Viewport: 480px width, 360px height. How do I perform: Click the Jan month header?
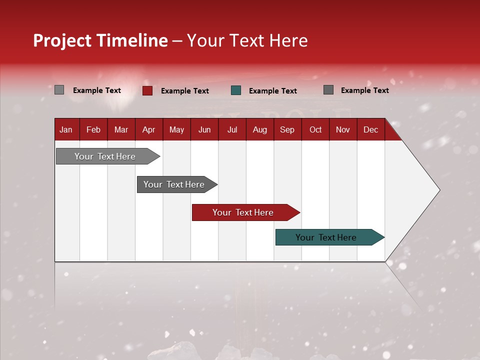click(66, 129)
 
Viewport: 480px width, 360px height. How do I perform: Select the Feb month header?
click(93, 129)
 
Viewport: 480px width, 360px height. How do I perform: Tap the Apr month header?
click(149, 129)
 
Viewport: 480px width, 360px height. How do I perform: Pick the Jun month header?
click(204, 129)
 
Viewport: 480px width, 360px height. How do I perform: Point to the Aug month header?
click(260, 129)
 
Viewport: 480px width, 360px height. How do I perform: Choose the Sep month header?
click(287, 129)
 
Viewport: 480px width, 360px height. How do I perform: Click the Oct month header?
click(315, 129)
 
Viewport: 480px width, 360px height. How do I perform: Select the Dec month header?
click(371, 129)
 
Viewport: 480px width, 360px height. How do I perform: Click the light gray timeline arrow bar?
click(105, 156)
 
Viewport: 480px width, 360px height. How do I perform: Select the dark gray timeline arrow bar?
click(174, 184)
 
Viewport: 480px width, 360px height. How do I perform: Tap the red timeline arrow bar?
click(243, 212)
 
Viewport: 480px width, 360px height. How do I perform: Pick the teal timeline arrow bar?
click(326, 237)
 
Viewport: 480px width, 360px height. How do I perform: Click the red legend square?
click(147, 90)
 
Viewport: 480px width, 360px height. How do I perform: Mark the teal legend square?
click(236, 90)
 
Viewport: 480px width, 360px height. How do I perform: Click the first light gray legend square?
click(59, 90)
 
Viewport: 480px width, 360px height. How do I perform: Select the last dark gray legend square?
click(328, 90)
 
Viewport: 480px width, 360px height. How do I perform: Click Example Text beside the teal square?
click(273, 91)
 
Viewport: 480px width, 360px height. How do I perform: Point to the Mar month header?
click(121, 129)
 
